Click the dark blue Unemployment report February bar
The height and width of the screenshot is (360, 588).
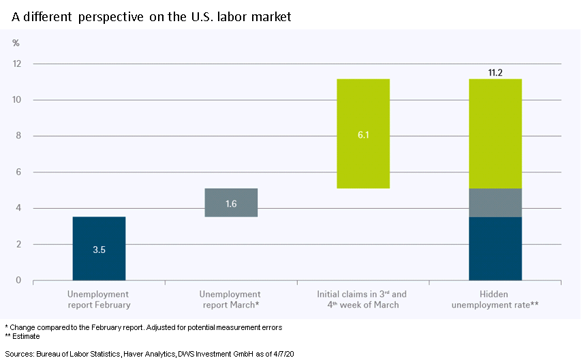(x=99, y=248)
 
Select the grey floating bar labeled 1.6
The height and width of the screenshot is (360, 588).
(x=231, y=202)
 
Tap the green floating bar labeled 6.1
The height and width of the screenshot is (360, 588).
(x=363, y=134)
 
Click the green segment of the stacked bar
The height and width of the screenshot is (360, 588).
(x=495, y=134)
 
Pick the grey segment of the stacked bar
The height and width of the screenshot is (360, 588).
(x=495, y=202)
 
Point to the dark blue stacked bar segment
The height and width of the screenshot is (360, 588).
(x=495, y=248)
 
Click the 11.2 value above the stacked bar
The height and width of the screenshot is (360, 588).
(x=495, y=71)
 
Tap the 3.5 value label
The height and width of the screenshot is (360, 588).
(x=99, y=250)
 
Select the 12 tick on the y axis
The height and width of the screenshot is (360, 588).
(x=17, y=64)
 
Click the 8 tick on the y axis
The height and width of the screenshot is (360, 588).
(x=18, y=136)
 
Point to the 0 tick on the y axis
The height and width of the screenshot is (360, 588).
(x=18, y=280)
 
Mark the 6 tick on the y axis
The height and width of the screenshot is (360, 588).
(x=18, y=172)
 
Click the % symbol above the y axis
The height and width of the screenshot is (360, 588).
(x=16, y=43)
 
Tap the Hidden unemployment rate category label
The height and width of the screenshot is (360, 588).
(x=495, y=299)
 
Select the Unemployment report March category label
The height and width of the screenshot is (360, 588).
(x=230, y=299)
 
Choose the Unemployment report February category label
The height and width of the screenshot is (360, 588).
(x=99, y=299)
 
